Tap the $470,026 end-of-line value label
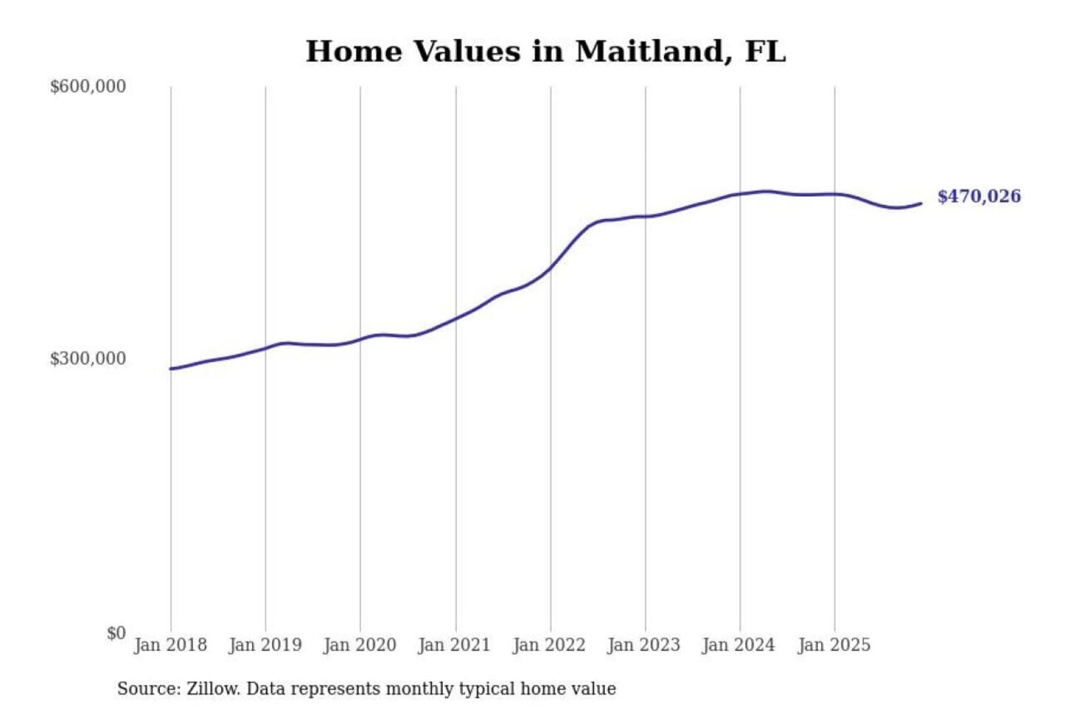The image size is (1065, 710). coord(978,197)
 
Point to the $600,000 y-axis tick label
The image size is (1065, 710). coord(88,87)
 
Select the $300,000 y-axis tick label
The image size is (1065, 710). coord(88,359)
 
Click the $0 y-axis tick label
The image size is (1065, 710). coord(116,633)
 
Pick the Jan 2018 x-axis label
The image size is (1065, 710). coord(170,645)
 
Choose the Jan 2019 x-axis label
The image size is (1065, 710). coord(266,645)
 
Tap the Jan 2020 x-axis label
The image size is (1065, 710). coord(360,645)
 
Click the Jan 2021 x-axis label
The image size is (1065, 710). coord(455,645)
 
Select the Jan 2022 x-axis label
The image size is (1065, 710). coord(550,645)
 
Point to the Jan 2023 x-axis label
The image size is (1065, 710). coord(644,645)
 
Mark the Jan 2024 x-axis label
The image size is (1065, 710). coord(739,645)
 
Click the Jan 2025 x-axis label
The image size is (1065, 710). coord(834,645)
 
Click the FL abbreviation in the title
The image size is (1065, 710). coord(765,52)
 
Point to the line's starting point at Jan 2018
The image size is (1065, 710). coord(171,368)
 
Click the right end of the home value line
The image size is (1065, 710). coord(921,203)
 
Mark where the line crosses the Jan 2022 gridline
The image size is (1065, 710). coord(550,268)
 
